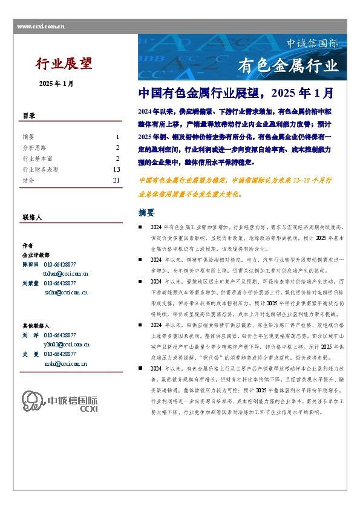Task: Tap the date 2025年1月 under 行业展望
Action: point(56,83)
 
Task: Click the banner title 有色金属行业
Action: point(289,65)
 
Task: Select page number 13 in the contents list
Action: point(116,169)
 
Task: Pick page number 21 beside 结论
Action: point(116,180)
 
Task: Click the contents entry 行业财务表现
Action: point(41,169)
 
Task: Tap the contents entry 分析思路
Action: point(33,148)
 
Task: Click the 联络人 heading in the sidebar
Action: point(32,216)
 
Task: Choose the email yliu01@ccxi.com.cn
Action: point(67,343)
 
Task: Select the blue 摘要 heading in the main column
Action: point(147,213)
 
